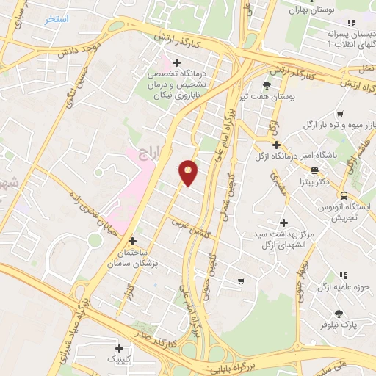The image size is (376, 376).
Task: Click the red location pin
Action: (189, 173)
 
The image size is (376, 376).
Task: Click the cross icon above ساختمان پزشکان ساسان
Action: (132, 241)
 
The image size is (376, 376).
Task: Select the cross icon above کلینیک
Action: (119, 348)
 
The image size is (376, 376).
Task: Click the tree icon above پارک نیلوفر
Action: (339, 314)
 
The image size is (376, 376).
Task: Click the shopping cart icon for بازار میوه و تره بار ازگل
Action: (339, 114)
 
